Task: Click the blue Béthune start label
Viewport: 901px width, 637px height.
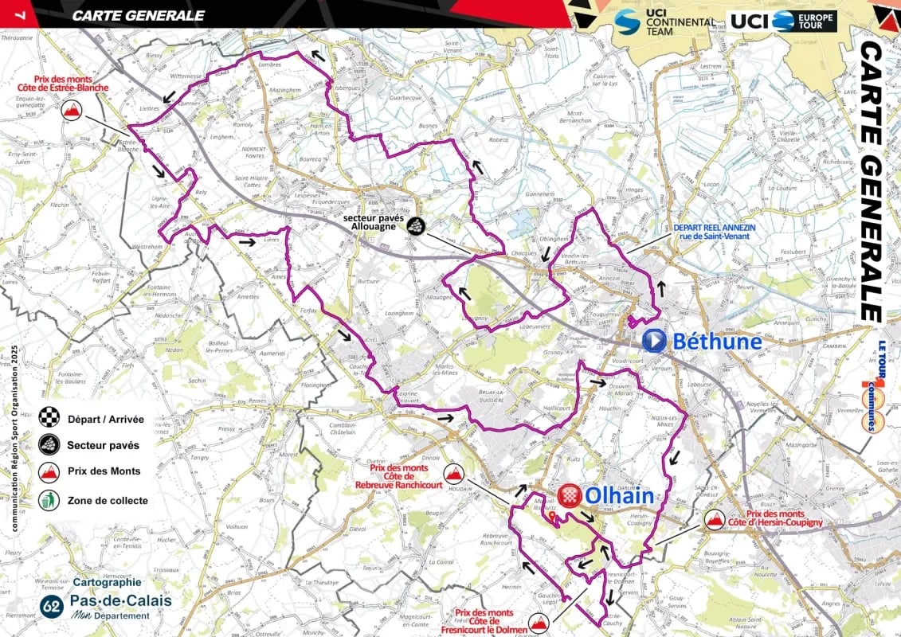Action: pos(717,342)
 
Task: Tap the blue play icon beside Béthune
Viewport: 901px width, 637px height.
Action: pos(653,341)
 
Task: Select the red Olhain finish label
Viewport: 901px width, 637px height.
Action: pos(619,496)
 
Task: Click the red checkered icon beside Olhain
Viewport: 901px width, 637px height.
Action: pos(569,496)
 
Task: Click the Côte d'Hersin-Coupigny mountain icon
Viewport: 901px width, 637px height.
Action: pos(714,522)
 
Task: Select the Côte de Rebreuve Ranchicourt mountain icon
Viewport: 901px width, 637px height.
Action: pos(455,475)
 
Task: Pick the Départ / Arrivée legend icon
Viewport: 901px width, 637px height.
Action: pos(49,417)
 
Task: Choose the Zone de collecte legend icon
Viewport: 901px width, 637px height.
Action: pos(49,500)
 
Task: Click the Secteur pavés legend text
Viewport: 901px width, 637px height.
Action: pos(103,445)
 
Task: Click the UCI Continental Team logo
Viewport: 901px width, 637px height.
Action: pos(664,21)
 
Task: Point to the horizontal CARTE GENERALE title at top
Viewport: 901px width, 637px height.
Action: pos(138,15)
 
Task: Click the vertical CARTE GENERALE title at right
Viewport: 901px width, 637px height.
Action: pos(872,182)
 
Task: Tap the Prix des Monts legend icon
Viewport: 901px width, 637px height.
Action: pos(49,472)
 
